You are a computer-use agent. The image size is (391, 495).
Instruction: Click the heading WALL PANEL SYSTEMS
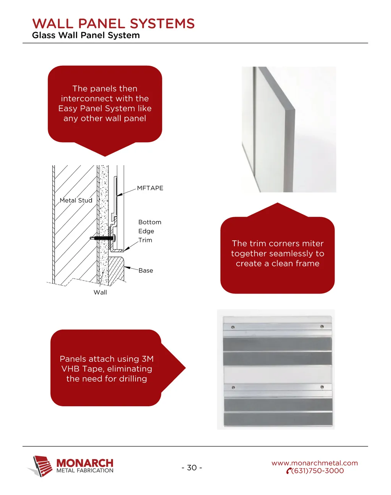pos(113,23)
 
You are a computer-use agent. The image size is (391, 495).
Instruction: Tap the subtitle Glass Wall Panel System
pos(86,35)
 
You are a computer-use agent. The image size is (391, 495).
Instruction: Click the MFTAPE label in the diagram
pos(150,188)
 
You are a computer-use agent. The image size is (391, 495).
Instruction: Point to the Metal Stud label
pos(76,200)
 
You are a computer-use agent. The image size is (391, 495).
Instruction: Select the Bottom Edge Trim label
pos(150,231)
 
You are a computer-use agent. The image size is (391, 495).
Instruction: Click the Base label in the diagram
pos(146,271)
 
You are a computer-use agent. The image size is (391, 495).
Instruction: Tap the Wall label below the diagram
pos(100,292)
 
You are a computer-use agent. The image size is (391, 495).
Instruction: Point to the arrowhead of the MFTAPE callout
pos(119,195)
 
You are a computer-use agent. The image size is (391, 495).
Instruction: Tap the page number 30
pos(192,467)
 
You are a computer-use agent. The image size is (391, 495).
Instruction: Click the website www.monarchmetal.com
pos(315,463)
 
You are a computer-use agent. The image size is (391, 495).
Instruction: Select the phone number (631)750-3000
pos(317,471)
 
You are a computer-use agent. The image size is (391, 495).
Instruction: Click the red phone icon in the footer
pos(289,471)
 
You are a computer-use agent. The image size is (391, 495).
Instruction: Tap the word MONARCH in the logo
pos(85,463)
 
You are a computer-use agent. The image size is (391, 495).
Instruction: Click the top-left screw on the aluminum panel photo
pos(233,327)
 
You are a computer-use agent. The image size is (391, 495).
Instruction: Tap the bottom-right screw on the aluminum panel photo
pos(322,387)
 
